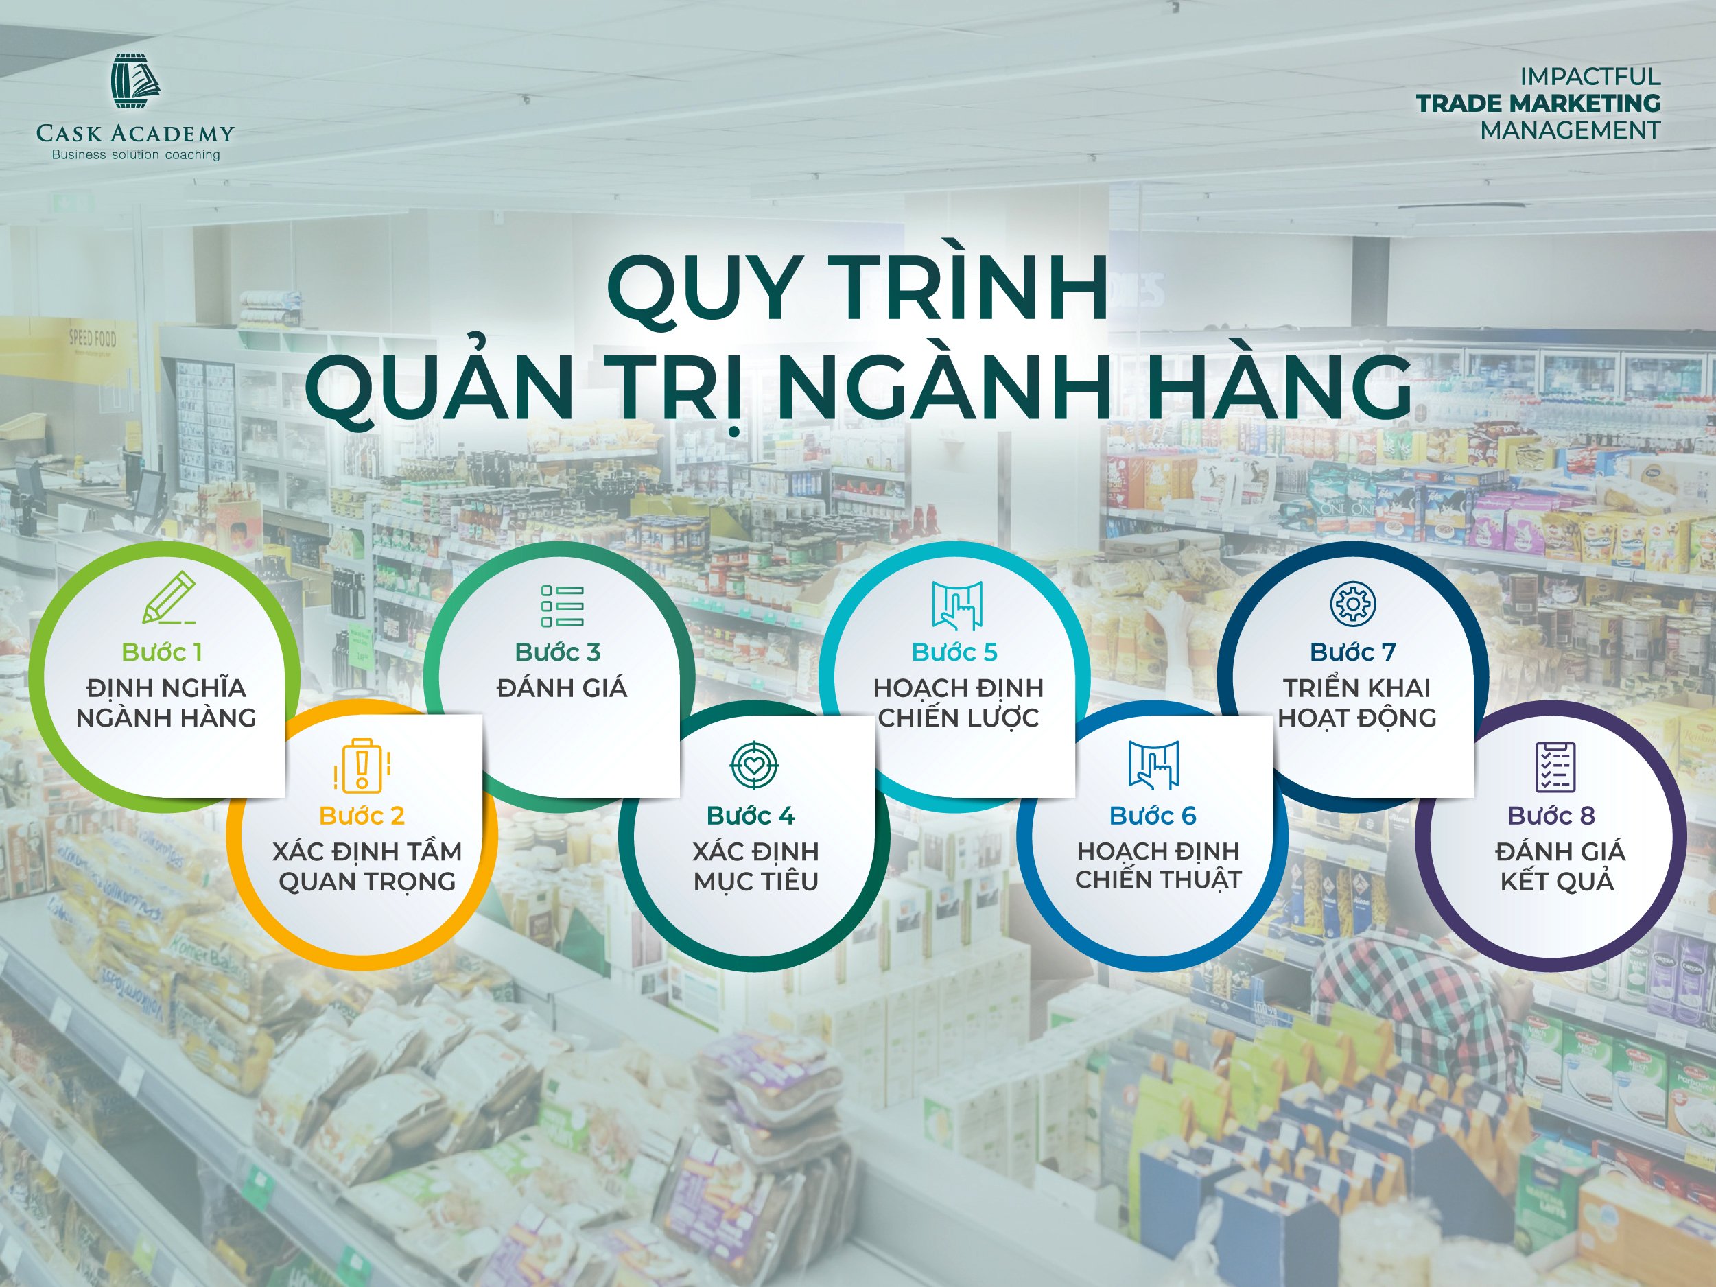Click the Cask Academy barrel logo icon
coord(136,84)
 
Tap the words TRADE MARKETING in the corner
coord(1538,103)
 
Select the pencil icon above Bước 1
coord(169,598)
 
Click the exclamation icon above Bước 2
coord(362,766)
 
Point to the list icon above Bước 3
coord(563,606)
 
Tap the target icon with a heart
coord(754,764)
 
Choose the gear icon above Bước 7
coord(1353,603)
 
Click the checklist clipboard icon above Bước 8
coord(1555,766)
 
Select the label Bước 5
coord(954,652)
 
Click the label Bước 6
coord(1153,815)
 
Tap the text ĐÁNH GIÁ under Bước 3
coord(562,687)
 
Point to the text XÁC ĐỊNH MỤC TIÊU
coord(755,866)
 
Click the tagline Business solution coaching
coord(136,154)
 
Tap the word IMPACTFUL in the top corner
coord(1590,77)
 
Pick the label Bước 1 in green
coord(162,652)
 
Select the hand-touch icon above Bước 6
coord(1153,765)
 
